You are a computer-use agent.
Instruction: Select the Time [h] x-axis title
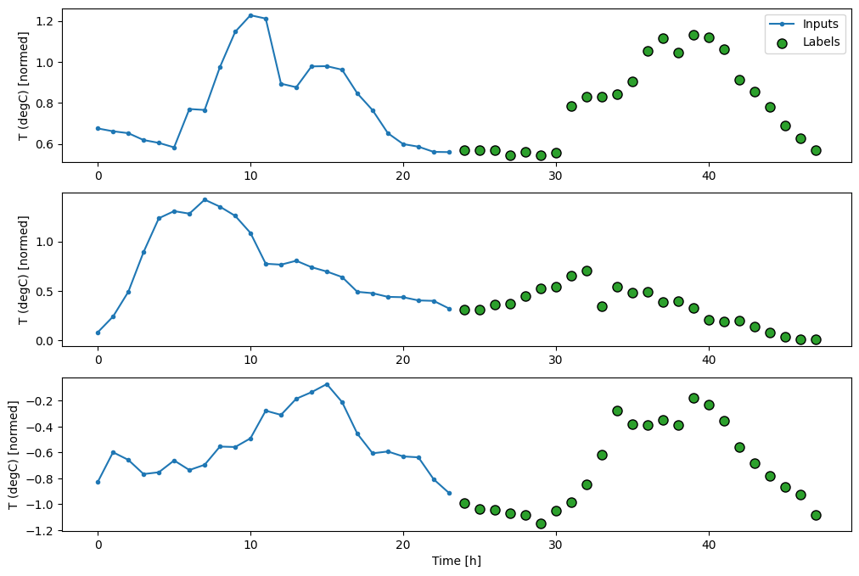point(458,561)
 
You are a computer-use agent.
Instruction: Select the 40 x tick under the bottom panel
point(709,545)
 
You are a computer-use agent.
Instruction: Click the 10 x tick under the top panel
point(250,176)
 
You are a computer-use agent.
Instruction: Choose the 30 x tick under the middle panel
point(556,361)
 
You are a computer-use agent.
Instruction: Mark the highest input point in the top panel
point(250,15)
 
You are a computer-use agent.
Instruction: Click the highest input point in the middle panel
point(205,199)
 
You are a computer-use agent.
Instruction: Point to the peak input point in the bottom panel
point(327,384)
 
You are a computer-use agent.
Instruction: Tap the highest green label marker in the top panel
point(693,35)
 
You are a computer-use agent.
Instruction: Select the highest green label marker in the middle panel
point(587,271)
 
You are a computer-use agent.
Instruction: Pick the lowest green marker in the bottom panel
point(541,523)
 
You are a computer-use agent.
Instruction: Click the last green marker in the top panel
point(816,150)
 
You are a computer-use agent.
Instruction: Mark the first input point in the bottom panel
point(98,482)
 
